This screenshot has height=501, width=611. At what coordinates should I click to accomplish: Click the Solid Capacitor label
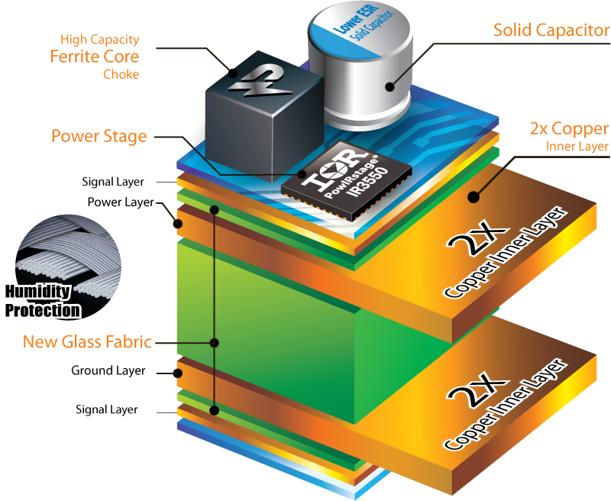tap(551, 31)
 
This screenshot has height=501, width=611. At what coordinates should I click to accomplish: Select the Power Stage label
tap(99, 137)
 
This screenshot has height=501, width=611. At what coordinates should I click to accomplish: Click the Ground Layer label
tap(108, 371)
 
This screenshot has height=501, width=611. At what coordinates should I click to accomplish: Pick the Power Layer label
tap(120, 202)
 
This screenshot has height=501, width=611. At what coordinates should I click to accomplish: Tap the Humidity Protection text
tap(43, 301)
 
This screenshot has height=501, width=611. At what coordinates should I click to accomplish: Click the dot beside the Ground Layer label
tap(177, 373)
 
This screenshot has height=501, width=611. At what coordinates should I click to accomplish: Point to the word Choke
tap(121, 74)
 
